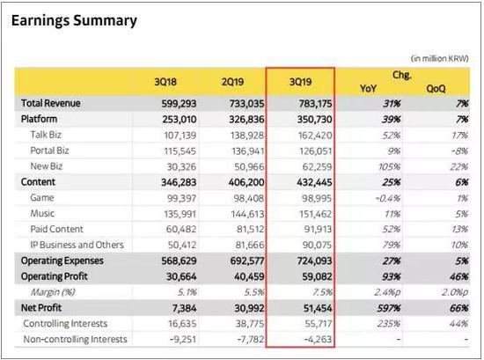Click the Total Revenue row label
(x=50, y=103)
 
